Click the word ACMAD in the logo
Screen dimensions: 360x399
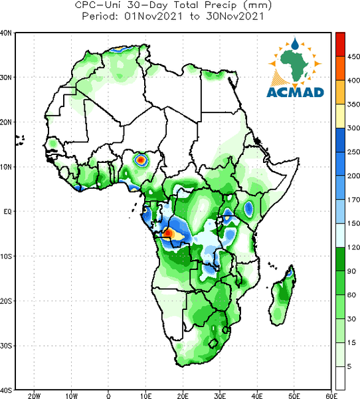coord(295,92)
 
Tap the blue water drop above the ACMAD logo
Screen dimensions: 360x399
coord(295,43)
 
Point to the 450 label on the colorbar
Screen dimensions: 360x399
coord(353,57)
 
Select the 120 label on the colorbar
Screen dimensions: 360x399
coord(353,247)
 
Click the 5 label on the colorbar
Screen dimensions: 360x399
coord(349,366)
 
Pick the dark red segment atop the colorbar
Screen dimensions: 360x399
coord(340,45)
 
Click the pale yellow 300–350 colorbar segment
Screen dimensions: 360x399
coord(340,116)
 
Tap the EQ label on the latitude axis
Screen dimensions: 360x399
coord(7,211)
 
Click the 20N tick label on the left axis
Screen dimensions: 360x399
coord(6,122)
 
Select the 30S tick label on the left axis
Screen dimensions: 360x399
coord(6,346)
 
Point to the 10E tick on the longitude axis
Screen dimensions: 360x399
coord(145,396)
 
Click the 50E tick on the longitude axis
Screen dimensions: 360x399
coord(294,396)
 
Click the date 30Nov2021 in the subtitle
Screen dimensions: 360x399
coord(234,17)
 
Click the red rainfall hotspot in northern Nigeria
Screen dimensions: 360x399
coord(141,160)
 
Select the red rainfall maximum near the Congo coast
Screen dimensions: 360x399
coord(168,233)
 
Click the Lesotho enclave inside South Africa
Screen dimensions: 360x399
coord(213,343)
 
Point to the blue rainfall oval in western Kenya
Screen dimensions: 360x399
coord(248,209)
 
